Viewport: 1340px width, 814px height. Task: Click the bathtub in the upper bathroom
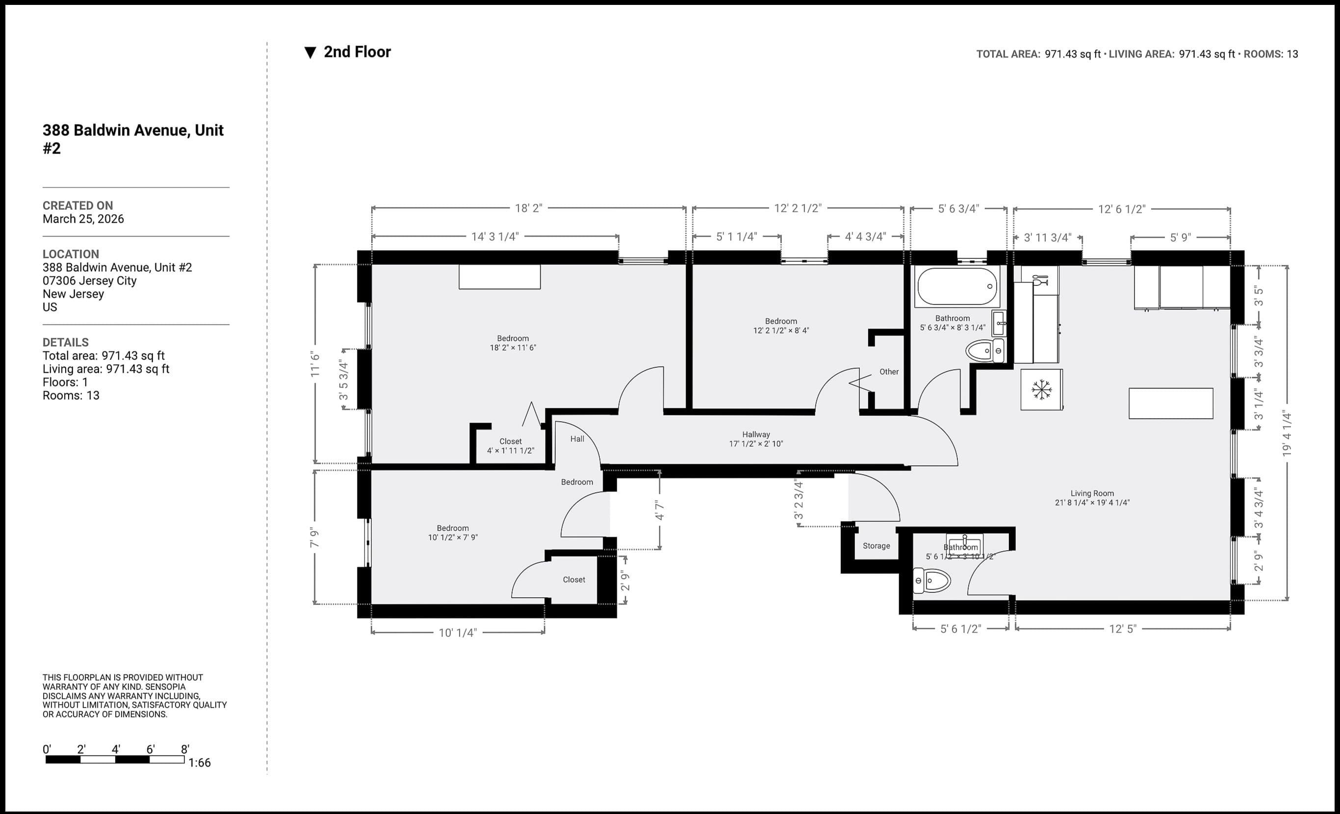point(957,286)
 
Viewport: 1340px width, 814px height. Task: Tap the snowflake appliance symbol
point(1041,389)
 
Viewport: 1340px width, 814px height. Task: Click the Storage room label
point(876,546)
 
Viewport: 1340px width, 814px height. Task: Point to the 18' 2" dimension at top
point(528,208)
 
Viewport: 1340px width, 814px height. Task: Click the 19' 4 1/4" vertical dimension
point(1287,433)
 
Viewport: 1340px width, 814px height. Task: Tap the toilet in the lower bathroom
point(931,581)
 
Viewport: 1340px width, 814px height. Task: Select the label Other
point(889,372)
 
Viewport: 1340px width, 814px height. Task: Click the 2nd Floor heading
point(357,52)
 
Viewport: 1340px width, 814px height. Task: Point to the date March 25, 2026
point(83,219)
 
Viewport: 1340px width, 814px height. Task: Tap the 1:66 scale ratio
point(200,763)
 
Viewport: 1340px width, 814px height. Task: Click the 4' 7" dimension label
point(660,510)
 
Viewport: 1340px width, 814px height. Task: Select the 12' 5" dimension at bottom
point(1122,629)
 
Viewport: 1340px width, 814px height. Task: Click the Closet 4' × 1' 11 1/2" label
point(510,446)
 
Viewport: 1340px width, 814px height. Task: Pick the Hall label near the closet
point(577,439)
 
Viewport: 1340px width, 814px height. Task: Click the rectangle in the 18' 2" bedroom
point(499,277)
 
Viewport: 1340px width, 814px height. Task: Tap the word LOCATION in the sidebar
point(71,254)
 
